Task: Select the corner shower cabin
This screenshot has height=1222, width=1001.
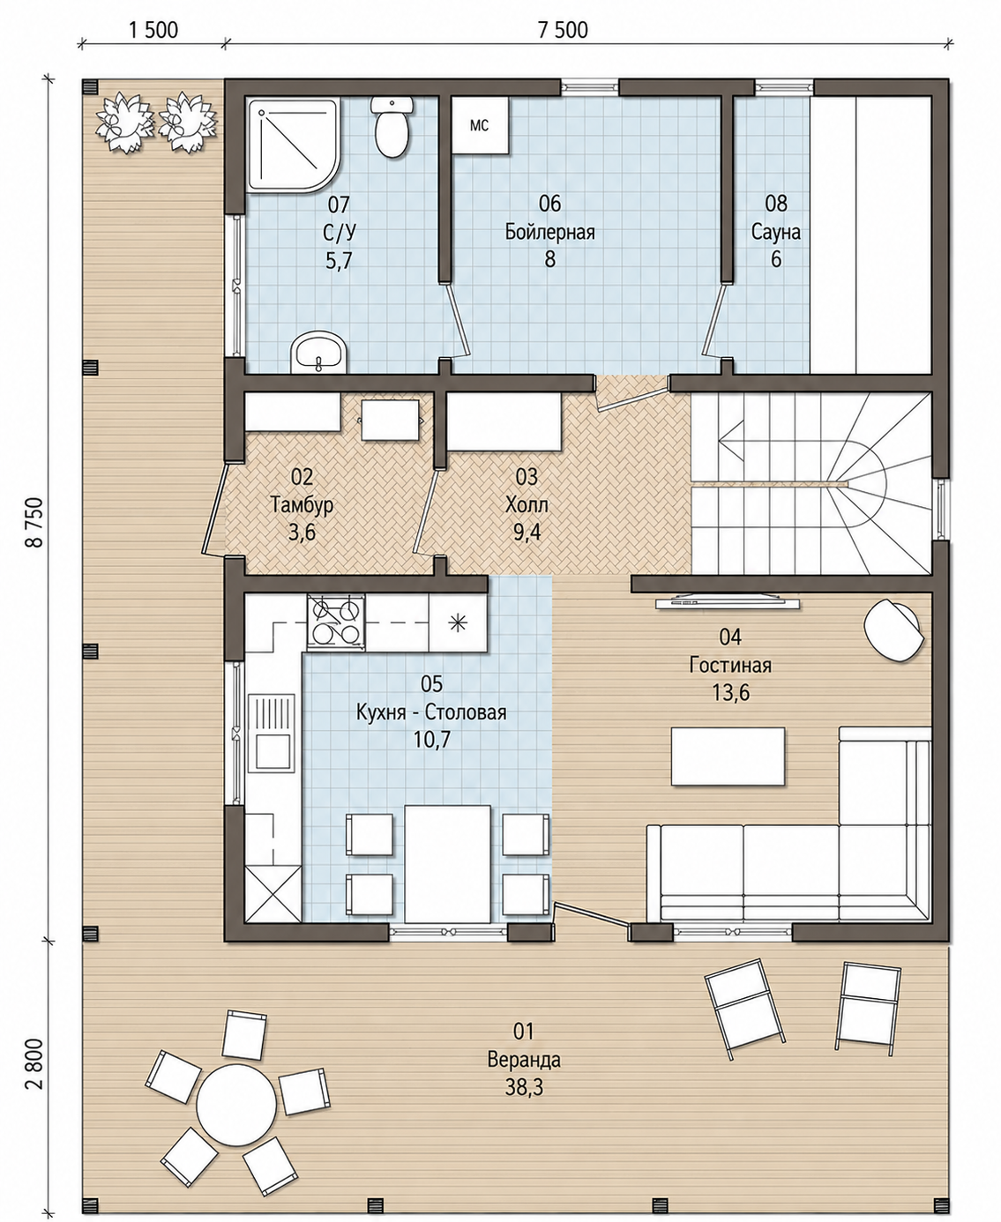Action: click(293, 145)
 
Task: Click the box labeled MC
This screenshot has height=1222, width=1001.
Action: click(481, 126)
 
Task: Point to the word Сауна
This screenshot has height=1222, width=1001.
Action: click(776, 232)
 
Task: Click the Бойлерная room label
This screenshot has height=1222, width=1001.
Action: click(549, 232)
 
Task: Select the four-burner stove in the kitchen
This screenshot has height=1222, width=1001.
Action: click(336, 622)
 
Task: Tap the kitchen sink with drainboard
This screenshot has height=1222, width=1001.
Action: click(272, 734)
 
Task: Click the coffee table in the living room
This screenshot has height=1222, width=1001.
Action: click(728, 756)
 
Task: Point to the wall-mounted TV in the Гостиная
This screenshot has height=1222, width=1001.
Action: click(728, 602)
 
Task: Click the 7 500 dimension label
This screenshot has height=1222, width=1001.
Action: click(562, 30)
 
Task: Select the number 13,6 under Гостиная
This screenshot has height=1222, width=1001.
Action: click(730, 693)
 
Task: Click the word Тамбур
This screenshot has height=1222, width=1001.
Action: click(302, 505)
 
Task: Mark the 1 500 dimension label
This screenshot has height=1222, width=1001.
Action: click(153, 30)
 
